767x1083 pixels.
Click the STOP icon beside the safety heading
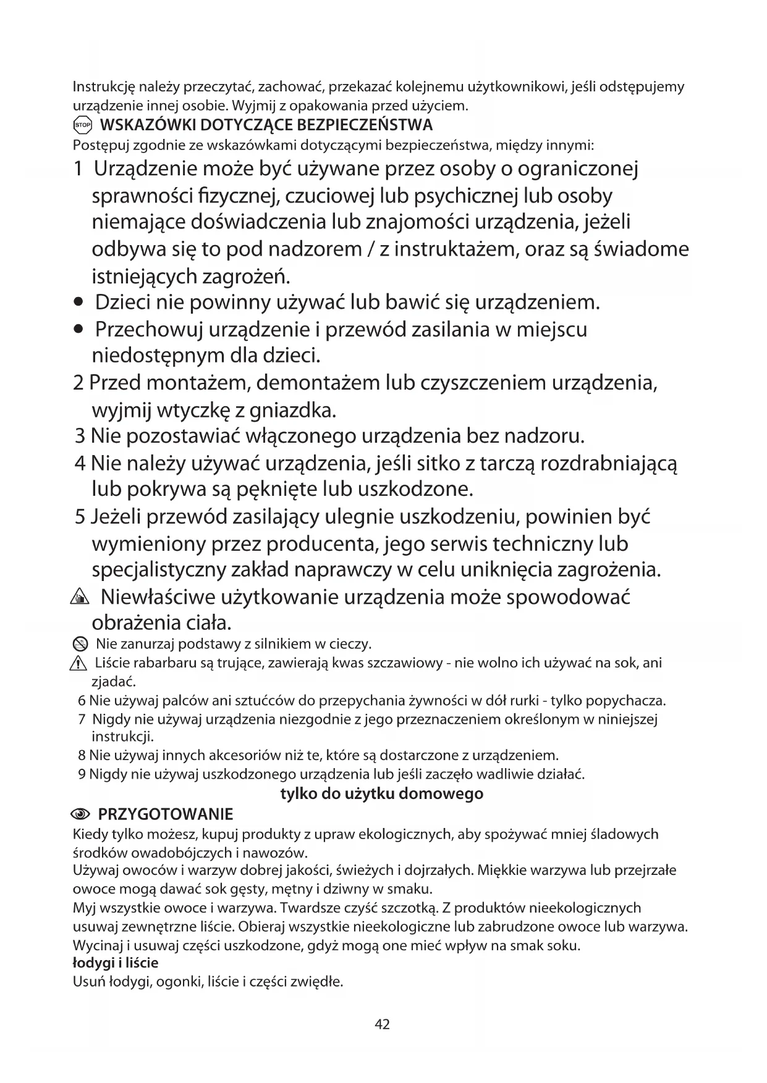click(82, 125)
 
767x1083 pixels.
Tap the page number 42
click(383, 1024)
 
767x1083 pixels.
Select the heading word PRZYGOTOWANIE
click(166, 813)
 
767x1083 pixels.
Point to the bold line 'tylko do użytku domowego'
click(382, 793)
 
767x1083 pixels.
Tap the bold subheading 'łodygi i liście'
click(116, 963)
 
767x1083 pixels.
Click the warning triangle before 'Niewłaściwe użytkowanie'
click(80, 598)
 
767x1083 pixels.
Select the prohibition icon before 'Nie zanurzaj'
click(80, 645)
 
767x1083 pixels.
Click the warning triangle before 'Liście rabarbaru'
click(79, 664)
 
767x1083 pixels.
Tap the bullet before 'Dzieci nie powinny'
click(78, 303)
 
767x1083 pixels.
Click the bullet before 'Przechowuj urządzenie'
click(78, 330)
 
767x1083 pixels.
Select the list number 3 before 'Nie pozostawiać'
click(80, 437)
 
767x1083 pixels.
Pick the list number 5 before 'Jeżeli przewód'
click(80, 517)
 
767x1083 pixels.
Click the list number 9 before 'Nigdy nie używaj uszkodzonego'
click(82, 774)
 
